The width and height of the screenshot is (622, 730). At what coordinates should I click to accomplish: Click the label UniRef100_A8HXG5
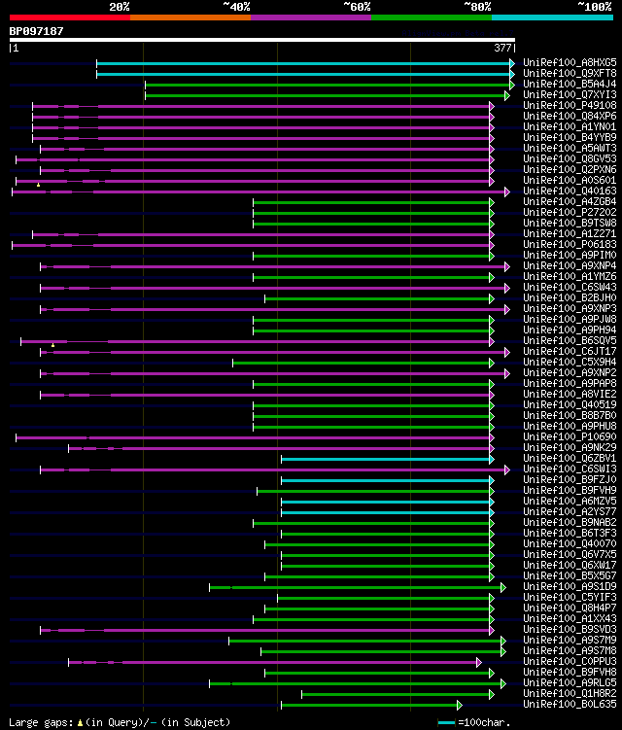(x=570, y=62)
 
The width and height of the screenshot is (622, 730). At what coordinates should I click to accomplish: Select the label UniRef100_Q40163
(x=570, y=191)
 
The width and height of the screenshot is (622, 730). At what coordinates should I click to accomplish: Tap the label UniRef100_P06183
(x=570, y=245)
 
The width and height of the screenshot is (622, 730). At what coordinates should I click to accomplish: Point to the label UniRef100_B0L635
(x=570, y=705)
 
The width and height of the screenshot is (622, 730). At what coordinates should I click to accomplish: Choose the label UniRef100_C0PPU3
(x=570, y=662)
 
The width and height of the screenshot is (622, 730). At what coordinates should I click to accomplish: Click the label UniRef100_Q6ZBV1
(x=570, y=459)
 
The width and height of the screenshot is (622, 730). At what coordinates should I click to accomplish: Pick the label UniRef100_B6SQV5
(x=570, y=341)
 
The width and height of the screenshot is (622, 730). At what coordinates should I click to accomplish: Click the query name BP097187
(x=36, y=31)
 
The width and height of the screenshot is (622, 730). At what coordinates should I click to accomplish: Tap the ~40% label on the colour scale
(x=236, y=7)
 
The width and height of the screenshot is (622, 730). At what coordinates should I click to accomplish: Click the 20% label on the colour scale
(x=120, y=7)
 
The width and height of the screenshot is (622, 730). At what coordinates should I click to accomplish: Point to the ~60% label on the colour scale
(x=357, y=7)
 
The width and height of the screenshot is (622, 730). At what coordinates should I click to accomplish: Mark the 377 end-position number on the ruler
(x=503, y=47)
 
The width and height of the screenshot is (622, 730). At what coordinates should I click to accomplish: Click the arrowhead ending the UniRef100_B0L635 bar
(x=460, y=705)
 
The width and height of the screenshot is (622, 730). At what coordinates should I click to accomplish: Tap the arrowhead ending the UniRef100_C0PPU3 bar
(x=479, y=662)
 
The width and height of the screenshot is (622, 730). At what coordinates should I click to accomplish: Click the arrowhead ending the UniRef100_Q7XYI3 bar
(x=507, y=95)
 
